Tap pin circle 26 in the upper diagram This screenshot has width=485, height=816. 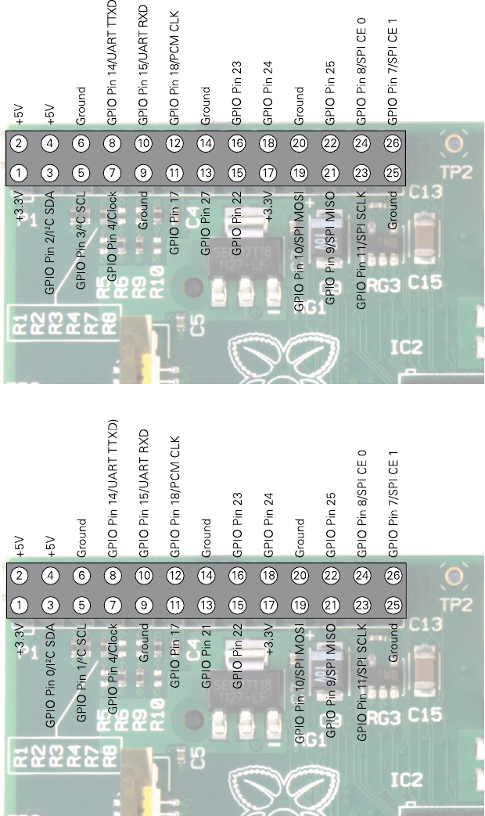click(393, 143)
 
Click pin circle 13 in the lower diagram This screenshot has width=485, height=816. click(206, 604)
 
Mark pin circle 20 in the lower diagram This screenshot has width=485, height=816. click(299, 576)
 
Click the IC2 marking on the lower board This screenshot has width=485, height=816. click(407, 779)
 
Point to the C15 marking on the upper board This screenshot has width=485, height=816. click(426, 281)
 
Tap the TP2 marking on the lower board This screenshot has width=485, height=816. click(451, 606)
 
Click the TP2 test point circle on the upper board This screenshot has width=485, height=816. click(452, 143)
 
